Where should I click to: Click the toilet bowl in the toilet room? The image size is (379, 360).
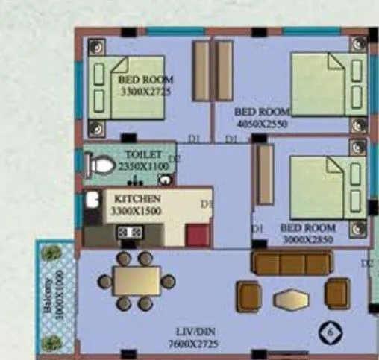tap(101, 163)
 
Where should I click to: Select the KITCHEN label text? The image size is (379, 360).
tap(137, 199)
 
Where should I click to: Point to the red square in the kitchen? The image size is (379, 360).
tap(198, 234)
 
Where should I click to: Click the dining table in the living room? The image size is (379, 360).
tap(137, 281)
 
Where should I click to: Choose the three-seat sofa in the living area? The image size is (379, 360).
tap(292, 263)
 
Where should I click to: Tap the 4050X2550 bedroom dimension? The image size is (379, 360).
tap(261, 123)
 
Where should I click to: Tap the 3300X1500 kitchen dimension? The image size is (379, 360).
tap(137, 212)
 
